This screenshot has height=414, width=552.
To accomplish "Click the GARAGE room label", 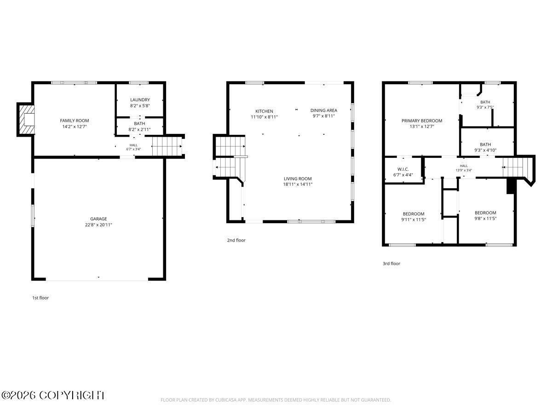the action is (x=98, y=218).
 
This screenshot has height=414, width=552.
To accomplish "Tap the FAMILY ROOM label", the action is (x=75, y=121).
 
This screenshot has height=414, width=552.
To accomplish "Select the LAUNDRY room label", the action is (x=140, y=100).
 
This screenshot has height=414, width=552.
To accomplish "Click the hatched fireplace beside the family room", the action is (x=27, y=120).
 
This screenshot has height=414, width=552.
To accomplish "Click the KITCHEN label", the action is (x=264, y=111).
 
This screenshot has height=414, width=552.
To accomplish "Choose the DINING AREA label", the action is (x=324, y=110).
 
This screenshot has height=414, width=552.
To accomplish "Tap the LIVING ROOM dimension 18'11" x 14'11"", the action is (x=298, y=184).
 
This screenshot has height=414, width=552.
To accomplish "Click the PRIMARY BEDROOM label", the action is (x=422, y=121).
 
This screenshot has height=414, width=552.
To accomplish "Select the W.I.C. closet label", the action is (x=403, y=169).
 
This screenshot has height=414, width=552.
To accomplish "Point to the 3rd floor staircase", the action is (x=513, y=167).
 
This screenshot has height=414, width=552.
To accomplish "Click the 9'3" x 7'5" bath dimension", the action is (x=485, y=107).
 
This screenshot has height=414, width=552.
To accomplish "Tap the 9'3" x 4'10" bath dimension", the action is (x=485, y=150).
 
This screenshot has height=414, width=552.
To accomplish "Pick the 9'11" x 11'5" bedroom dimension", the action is (x=414, y=219).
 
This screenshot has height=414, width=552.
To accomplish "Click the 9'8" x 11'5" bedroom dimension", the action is (x=485, y=218).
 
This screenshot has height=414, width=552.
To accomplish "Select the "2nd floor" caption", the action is (x=236, y=240).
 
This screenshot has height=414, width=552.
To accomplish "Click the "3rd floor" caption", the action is (x=391, y=264).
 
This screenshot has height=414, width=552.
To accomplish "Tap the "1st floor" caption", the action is (x=40, y=298).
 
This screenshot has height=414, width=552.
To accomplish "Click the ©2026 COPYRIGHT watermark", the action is (x=53, y=395).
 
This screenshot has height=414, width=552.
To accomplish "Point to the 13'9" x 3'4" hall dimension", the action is (x=464, y=170).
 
